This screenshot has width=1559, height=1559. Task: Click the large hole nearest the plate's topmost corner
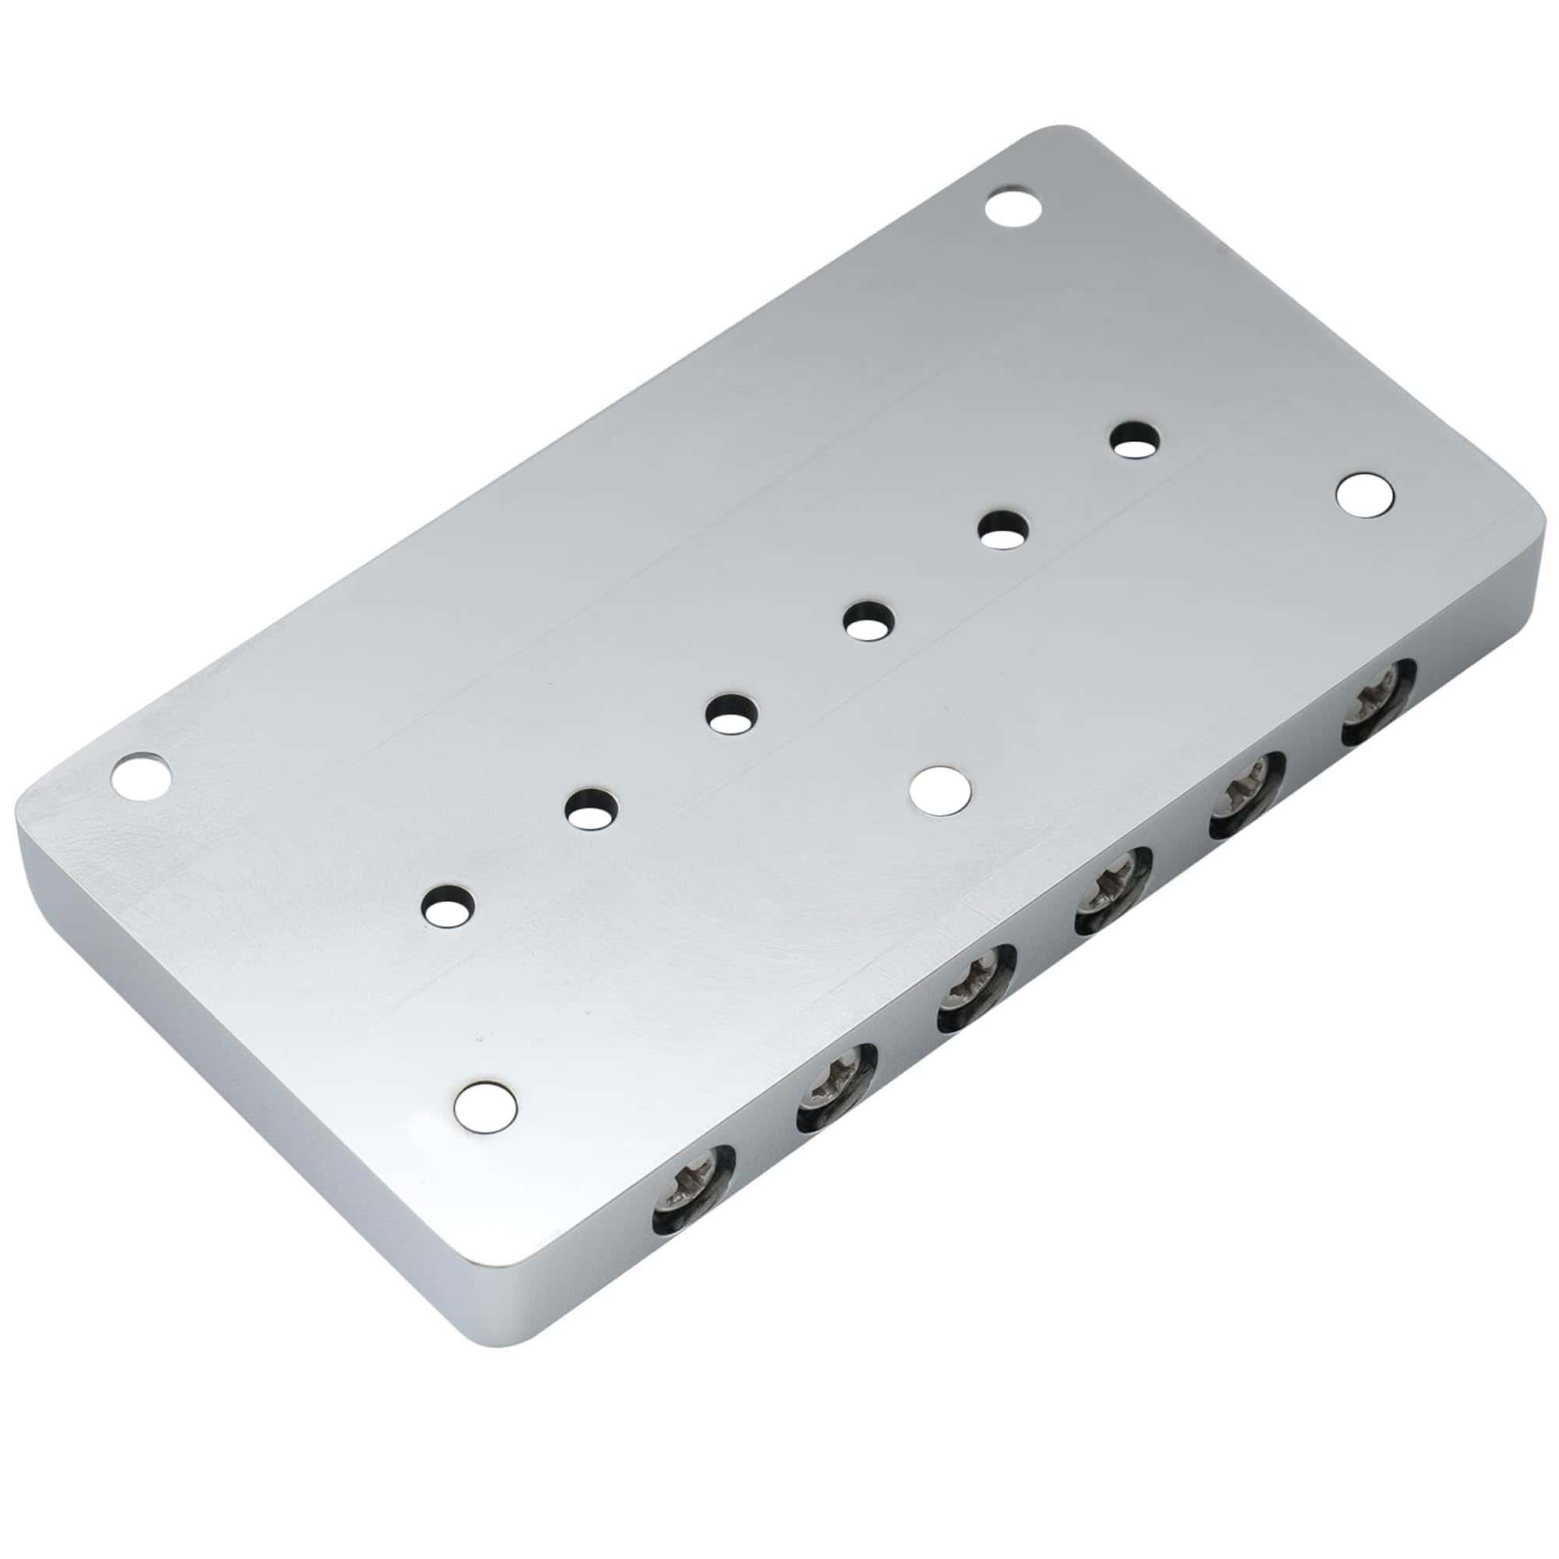(x=1013, y=207)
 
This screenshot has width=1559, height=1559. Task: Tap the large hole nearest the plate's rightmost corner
(x=1365, y=495)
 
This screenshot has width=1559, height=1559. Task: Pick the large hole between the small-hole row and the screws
(x=940, y=788)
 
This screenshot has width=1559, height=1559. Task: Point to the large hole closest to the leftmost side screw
(x=485, y=1105)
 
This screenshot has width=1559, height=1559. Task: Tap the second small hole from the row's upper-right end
(x=1004, y=529)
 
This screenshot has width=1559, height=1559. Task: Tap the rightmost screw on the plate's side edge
(x=1377, y=703)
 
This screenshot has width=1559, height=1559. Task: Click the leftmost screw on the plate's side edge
(x=693, y=1188)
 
